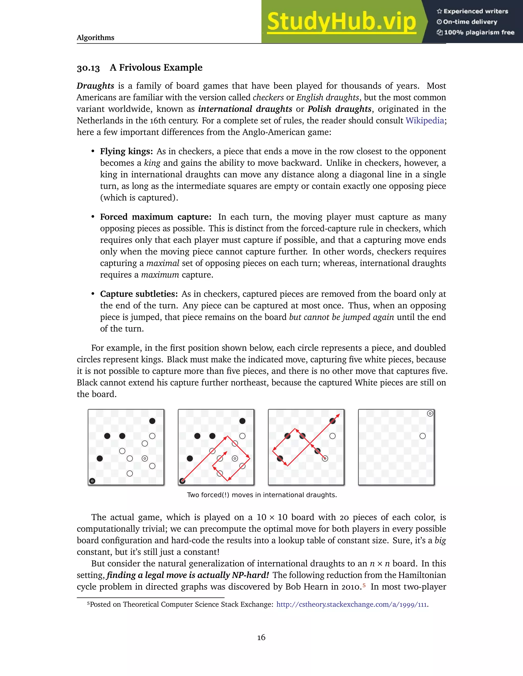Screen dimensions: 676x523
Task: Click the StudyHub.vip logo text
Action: tap(341, 22)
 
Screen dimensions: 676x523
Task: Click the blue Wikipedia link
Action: tap(425, 120)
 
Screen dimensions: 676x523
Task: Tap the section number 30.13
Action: tap(88, 68)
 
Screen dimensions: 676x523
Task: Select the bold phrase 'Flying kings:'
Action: tap(126, 151)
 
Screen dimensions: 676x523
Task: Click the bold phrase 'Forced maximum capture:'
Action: tap(156, 217)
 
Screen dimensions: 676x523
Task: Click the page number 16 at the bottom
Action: tap(261, 637)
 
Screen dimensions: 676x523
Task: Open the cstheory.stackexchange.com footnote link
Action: tap(351, 604)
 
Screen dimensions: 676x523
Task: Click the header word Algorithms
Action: tap(96, 38)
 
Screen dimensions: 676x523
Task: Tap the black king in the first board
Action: tap(92, 481)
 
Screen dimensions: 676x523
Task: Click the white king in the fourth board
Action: tap(430, 413)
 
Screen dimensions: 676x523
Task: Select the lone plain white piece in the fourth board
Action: tap(423, 436)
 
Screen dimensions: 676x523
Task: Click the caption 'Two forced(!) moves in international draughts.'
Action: tap(262, 495)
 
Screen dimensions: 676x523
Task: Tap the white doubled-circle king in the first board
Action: tap(145, 458)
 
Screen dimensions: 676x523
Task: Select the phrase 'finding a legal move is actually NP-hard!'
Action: tap(188, 575)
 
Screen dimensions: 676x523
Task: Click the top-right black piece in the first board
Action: tap(152, 421)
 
